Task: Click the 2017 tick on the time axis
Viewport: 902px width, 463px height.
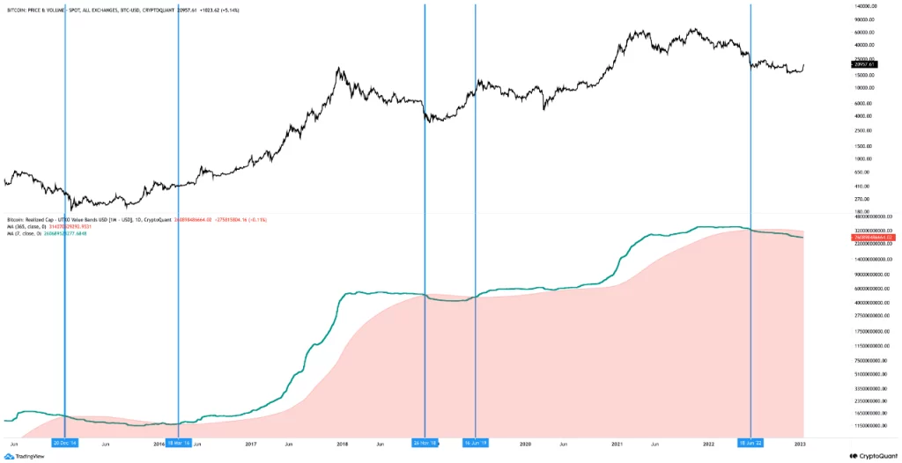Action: (251, 443)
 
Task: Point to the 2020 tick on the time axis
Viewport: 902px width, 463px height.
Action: (526, 443)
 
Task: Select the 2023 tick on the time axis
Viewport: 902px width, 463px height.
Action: (800, 443)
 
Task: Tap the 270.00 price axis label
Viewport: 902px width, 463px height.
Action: (861, 199)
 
